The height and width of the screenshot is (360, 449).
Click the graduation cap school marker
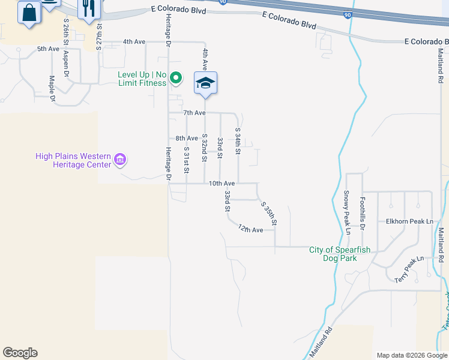click(205, 83)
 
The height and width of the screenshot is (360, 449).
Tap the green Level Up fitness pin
click(176, 77)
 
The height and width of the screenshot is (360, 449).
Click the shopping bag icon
click(29, 12)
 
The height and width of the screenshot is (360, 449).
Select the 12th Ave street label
click(250, 229)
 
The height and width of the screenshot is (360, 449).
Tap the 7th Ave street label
click(194, 112)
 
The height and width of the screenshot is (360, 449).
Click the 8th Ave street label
click(187, 138)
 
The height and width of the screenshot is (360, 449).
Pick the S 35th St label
click(268, 213)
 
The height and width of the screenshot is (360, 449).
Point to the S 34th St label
click(238, 141)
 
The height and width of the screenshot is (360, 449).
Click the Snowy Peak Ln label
click(347, 212)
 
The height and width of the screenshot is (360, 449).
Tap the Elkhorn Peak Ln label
click(409, 221)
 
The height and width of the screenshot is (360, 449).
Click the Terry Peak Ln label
click(409, 270)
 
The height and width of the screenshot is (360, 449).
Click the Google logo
click(20, 353)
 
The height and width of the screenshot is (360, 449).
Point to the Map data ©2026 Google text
click(411, 355)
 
